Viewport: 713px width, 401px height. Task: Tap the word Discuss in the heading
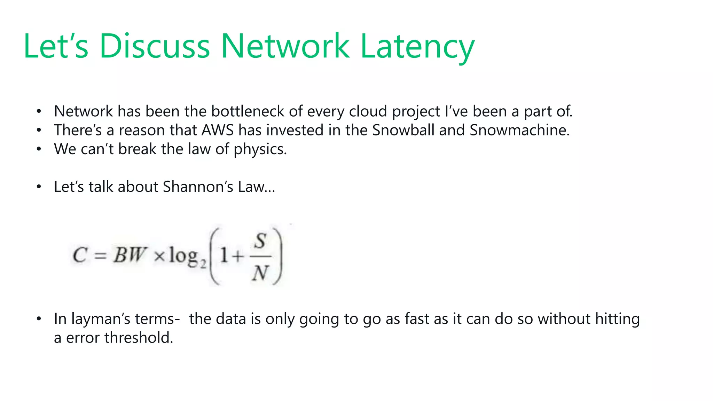(x=155, y=46)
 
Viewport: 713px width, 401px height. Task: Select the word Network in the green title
(x=285, y=46)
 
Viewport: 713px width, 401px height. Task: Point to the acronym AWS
(x=218, y=130)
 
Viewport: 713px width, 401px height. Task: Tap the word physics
(x=260, y=149)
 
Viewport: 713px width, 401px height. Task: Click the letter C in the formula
(x=80, y=255)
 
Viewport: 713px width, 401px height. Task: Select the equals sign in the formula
(x=100, y=256)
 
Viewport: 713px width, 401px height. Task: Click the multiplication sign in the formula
(x=159, y=257)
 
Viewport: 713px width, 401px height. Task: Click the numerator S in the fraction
(x=260, y=241)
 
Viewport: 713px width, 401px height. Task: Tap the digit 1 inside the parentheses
(x=224, y=256)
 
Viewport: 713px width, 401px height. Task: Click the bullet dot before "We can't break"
(x=39, y=149)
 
